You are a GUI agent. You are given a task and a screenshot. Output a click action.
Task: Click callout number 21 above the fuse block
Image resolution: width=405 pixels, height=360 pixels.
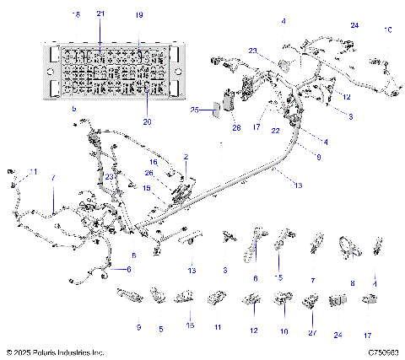[100, 15]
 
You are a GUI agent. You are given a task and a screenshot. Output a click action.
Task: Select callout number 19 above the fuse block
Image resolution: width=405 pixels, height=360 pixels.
[139, 15]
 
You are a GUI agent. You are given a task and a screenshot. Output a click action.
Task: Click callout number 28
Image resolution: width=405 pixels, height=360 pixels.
[236, 127]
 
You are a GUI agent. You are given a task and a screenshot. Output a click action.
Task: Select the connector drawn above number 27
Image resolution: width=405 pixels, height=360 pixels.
[311, 299]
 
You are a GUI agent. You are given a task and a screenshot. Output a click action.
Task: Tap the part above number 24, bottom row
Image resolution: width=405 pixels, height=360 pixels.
[337, 299]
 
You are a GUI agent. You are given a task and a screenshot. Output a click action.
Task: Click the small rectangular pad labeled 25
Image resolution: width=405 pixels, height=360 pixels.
[214, 109]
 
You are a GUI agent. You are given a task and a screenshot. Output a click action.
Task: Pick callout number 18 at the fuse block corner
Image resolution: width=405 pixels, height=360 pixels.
[76, 15]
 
